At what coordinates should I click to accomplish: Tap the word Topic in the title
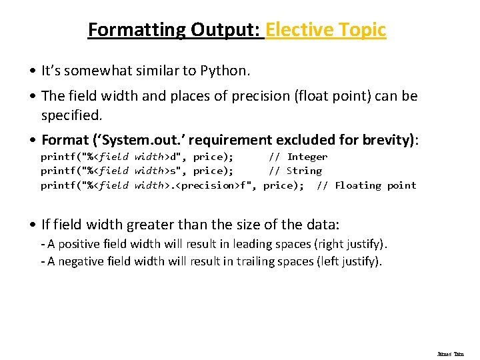361,30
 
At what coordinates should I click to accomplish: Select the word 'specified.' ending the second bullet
72,115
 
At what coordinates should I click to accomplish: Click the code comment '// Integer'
298,157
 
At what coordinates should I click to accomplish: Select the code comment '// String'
295,171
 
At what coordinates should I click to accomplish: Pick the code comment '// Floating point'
366,185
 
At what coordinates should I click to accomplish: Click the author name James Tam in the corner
450,354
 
